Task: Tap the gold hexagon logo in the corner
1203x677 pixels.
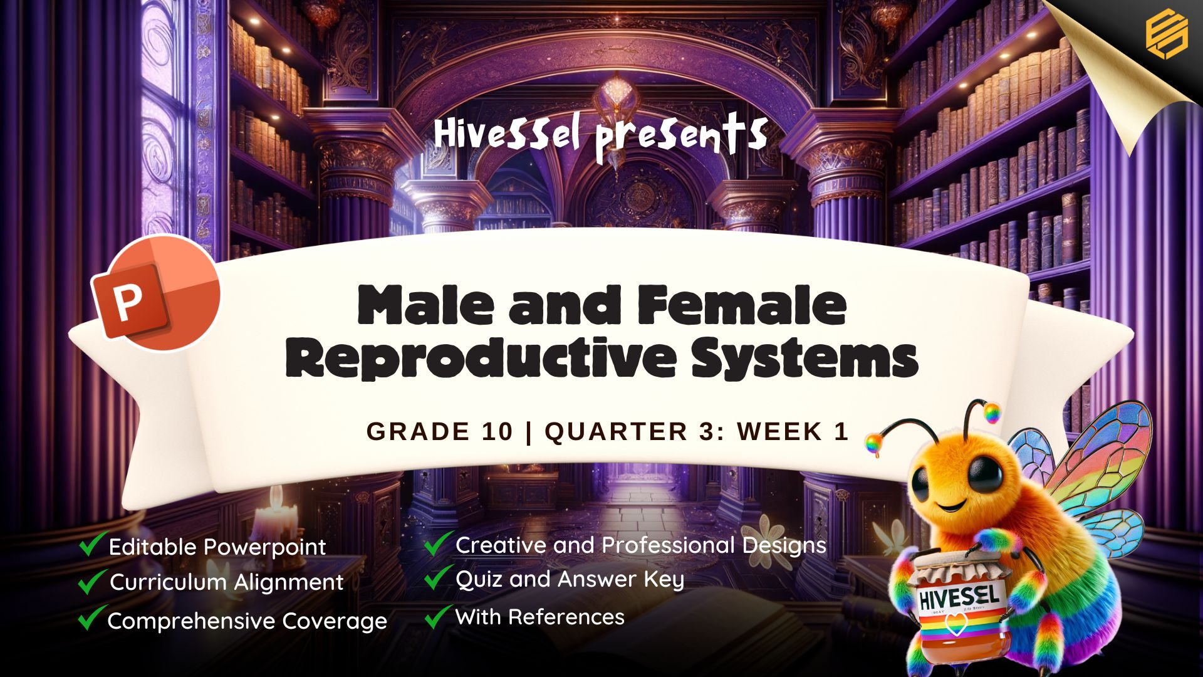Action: point(1167,34)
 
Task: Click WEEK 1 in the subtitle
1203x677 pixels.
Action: point(793,431)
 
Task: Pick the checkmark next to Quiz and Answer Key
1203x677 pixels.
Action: point(439,577)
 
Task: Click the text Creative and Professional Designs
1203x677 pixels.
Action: point(641,545)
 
